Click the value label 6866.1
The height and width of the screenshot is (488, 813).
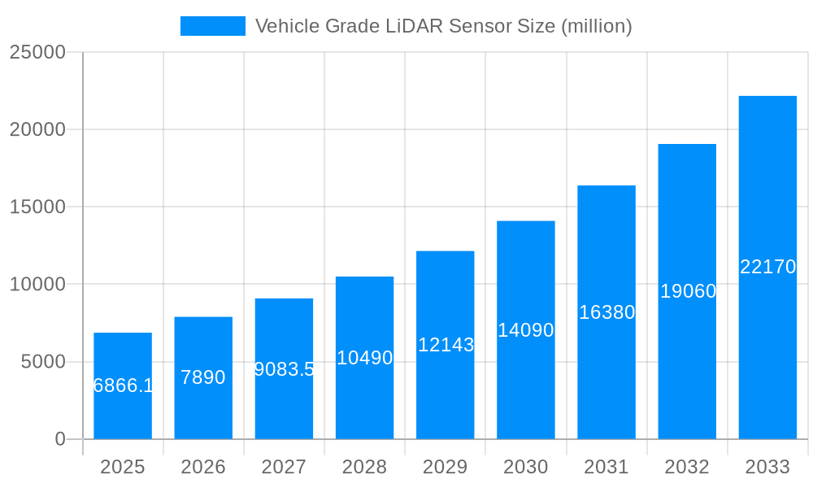[123, 386]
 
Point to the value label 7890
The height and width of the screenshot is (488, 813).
[203, 377]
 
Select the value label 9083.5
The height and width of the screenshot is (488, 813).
[284, 369]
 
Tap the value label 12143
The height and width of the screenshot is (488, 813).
[446, 345]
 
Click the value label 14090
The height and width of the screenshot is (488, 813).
[526, 330]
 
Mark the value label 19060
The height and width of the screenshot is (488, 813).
[688, 291]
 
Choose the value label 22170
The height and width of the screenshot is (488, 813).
[767, 267]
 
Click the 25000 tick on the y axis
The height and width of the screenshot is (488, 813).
[37, 52]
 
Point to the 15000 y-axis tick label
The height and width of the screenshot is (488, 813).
[37, 207]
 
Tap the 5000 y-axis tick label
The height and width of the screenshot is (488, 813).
[42, 362]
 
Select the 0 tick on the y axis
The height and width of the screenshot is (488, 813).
[60, 439]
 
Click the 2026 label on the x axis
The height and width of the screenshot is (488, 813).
[203, 467]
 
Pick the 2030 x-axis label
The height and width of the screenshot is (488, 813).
[526, 467]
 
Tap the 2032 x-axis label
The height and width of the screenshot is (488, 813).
[687, 467]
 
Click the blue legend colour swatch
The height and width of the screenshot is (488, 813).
[213, 26]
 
